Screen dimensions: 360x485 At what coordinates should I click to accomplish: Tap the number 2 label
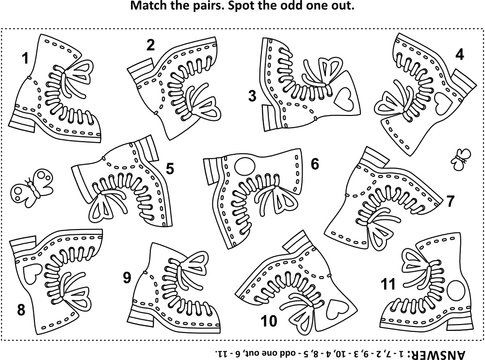151,44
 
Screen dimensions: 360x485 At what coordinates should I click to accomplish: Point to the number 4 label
460,53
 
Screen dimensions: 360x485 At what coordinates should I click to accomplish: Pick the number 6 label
313,161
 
